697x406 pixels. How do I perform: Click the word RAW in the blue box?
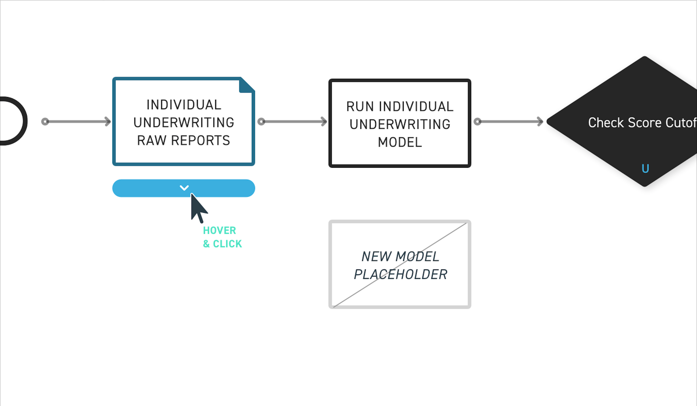[x=151, y=140]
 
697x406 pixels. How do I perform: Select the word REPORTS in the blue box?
[x=201, y=140]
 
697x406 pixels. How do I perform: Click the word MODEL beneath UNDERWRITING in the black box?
[x=400, y=142]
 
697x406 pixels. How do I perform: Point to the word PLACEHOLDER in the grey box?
[x=400, y=274]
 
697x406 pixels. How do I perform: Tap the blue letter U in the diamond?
[x=645, y=169]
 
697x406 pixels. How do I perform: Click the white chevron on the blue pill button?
[x=184, y=188]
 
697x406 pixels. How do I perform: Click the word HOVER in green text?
[x=219, y=230]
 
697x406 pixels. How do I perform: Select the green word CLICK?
[x=227, y=244]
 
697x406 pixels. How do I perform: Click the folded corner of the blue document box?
[x=246, y=85]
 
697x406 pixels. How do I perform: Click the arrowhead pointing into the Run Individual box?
[x=324, y=121]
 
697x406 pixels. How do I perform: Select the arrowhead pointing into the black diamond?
[x=540, y=121]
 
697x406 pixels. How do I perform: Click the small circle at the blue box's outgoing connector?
[x=261, y=121]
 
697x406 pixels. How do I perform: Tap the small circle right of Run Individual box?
[x=477, y=121]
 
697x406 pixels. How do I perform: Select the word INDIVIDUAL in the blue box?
[x=184, y=105]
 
